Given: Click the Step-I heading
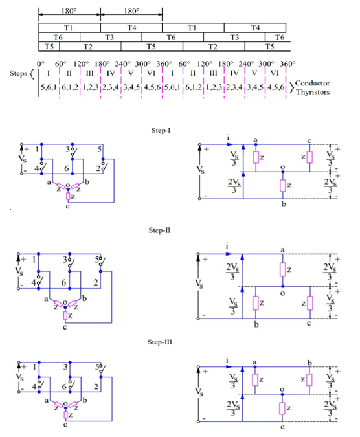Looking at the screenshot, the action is pos(161,130).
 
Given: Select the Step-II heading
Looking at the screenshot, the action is pos(159,230).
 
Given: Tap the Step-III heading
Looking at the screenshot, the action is pos(160,342).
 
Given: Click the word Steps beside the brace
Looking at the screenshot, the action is pos(18,73).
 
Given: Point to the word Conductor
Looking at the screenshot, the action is pos(312,83).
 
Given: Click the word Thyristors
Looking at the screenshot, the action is pos(313,92).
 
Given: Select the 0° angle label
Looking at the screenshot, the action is pos(41,63).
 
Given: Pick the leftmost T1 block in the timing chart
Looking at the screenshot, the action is pos(70,28).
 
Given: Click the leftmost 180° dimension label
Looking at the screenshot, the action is pos(69,11).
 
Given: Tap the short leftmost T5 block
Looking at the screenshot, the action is pos(49,47).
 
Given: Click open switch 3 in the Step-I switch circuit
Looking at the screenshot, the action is pos(74,152).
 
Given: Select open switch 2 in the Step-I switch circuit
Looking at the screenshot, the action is pos(104,166).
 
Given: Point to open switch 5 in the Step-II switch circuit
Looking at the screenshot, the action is pos(102,262).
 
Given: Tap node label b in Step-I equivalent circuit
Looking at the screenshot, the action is pos(284,204).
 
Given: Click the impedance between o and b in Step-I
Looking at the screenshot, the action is pos(283,185).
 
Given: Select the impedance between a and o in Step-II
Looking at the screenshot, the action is pos(283,269).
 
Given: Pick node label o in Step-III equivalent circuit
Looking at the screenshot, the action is pos(282,389).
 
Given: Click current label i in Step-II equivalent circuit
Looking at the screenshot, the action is pos(227,247).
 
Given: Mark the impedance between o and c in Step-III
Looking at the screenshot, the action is pos(282,409).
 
